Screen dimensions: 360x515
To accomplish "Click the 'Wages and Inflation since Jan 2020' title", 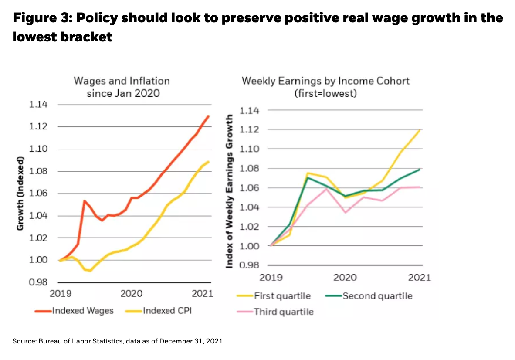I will (x=122, y=87).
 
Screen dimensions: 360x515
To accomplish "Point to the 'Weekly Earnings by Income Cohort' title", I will (x=325, y=81).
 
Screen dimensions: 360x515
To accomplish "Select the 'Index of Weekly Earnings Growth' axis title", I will (x=230, y=190).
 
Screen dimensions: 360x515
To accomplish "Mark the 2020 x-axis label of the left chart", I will (x=132, y=293).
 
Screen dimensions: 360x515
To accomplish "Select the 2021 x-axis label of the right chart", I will (x=420, y=277).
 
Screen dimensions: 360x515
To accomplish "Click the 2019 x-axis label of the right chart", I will (x=272, y=277).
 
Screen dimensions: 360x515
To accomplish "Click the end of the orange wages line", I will (x=208, y=116).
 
